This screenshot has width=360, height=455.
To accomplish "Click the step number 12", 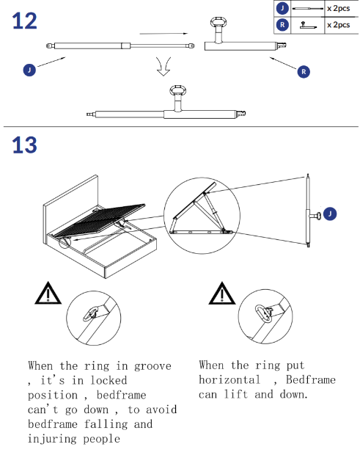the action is pos(25,21).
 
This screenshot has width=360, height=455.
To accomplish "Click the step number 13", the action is pos(25,145).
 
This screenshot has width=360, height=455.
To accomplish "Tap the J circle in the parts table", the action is pos(282,8).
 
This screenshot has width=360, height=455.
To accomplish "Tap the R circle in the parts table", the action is pos(282,25).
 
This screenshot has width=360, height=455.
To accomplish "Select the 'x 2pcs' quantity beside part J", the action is pos(339,8).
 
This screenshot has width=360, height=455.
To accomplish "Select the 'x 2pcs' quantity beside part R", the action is pos(339,25).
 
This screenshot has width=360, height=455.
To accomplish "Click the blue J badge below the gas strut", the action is pos(29,70).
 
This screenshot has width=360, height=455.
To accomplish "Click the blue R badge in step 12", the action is pos(304,72).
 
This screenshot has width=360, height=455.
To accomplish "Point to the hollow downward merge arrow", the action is pos(164,67).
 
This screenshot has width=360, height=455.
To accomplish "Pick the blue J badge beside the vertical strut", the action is pos(330,214).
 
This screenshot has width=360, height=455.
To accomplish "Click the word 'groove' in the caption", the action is pos(153,366).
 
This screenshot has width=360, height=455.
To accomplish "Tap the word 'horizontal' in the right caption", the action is pos(229,380).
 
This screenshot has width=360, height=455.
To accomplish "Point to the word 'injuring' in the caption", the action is pos(52,439).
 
